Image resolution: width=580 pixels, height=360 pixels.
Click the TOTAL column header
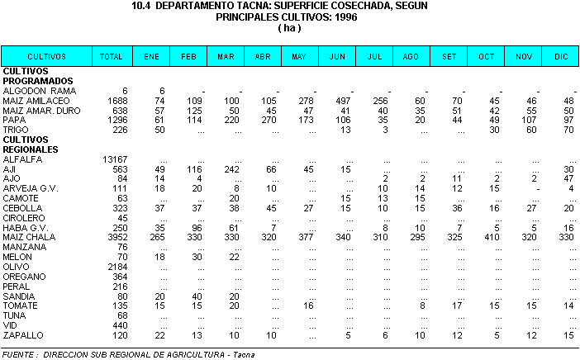click(x=111, y=57)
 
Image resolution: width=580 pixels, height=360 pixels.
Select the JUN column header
click(x=337, y=57)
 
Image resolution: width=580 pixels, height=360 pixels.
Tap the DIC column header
click(x=562, y=57)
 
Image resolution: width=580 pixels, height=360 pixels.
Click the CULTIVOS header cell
click(x=46, y=57)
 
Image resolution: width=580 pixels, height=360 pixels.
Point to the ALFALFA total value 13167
click(x=113, y=159)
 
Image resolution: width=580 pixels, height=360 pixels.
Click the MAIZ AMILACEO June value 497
click(x=341, y=100)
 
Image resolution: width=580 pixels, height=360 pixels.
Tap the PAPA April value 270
click(x=266, y=119)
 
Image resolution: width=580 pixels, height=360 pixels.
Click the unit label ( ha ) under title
click(x=290, y=27)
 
